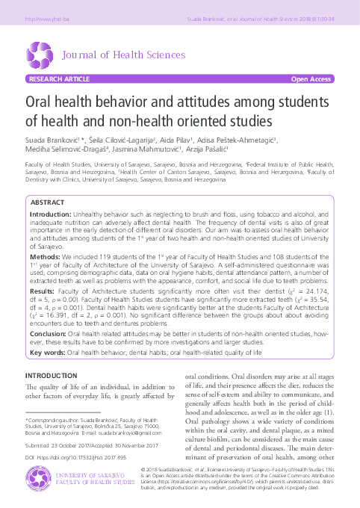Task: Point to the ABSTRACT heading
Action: click(48, 203)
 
